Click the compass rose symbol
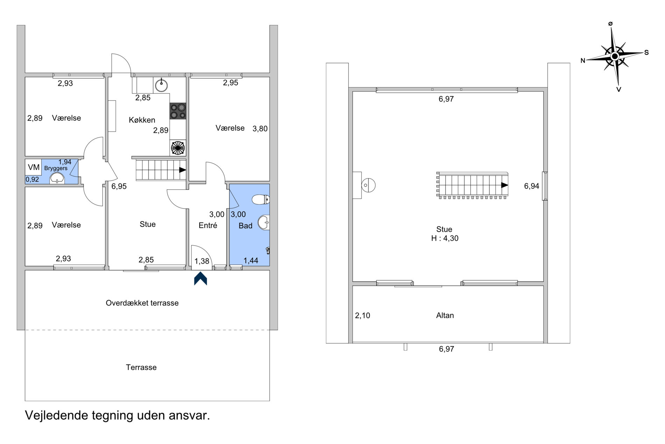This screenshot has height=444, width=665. (615, 56)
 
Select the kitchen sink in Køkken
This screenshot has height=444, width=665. (161, 85)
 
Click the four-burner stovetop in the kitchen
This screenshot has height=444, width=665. (178, 111)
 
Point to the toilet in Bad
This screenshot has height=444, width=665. (261, 200)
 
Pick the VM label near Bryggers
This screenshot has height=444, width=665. (34, 167)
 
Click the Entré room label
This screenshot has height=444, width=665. (208, 225)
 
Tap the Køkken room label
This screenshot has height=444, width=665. (142, 120)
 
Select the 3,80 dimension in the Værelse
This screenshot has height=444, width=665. (260, 129)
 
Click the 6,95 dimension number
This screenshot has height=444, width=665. (119, 186)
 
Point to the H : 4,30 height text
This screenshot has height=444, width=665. (444, 238)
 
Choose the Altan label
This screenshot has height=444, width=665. (445, 315)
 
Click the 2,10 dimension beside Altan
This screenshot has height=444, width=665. (363, 315)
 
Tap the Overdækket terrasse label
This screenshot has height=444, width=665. (142, 303)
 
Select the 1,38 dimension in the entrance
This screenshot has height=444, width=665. (202, 261)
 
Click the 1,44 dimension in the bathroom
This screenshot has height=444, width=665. (251, 260)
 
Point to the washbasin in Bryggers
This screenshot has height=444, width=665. (57, 179)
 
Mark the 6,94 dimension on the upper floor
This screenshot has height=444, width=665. (532, 186)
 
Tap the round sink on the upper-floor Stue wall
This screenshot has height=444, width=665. (368, 185)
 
